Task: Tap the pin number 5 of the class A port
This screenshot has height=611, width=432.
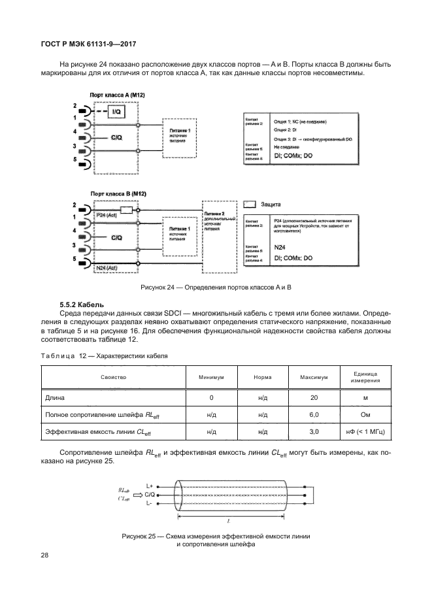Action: tap(75, 159)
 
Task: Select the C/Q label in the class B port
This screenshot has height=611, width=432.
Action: tap(116, 237)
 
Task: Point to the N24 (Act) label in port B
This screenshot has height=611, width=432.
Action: tap(106, 269)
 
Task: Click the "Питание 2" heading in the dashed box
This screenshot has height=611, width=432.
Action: tap(214, 214)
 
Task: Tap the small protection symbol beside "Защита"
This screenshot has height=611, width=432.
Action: tap(249, 205)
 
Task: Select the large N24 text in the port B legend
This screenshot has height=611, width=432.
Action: tap(280, 247)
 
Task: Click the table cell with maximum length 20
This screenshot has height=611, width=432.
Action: tap(314, 397)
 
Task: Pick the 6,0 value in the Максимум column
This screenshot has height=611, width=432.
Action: tap(314, 414)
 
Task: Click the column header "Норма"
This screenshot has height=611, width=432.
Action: tap(263, 377)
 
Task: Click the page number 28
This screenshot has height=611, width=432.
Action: tap(45, 555)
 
